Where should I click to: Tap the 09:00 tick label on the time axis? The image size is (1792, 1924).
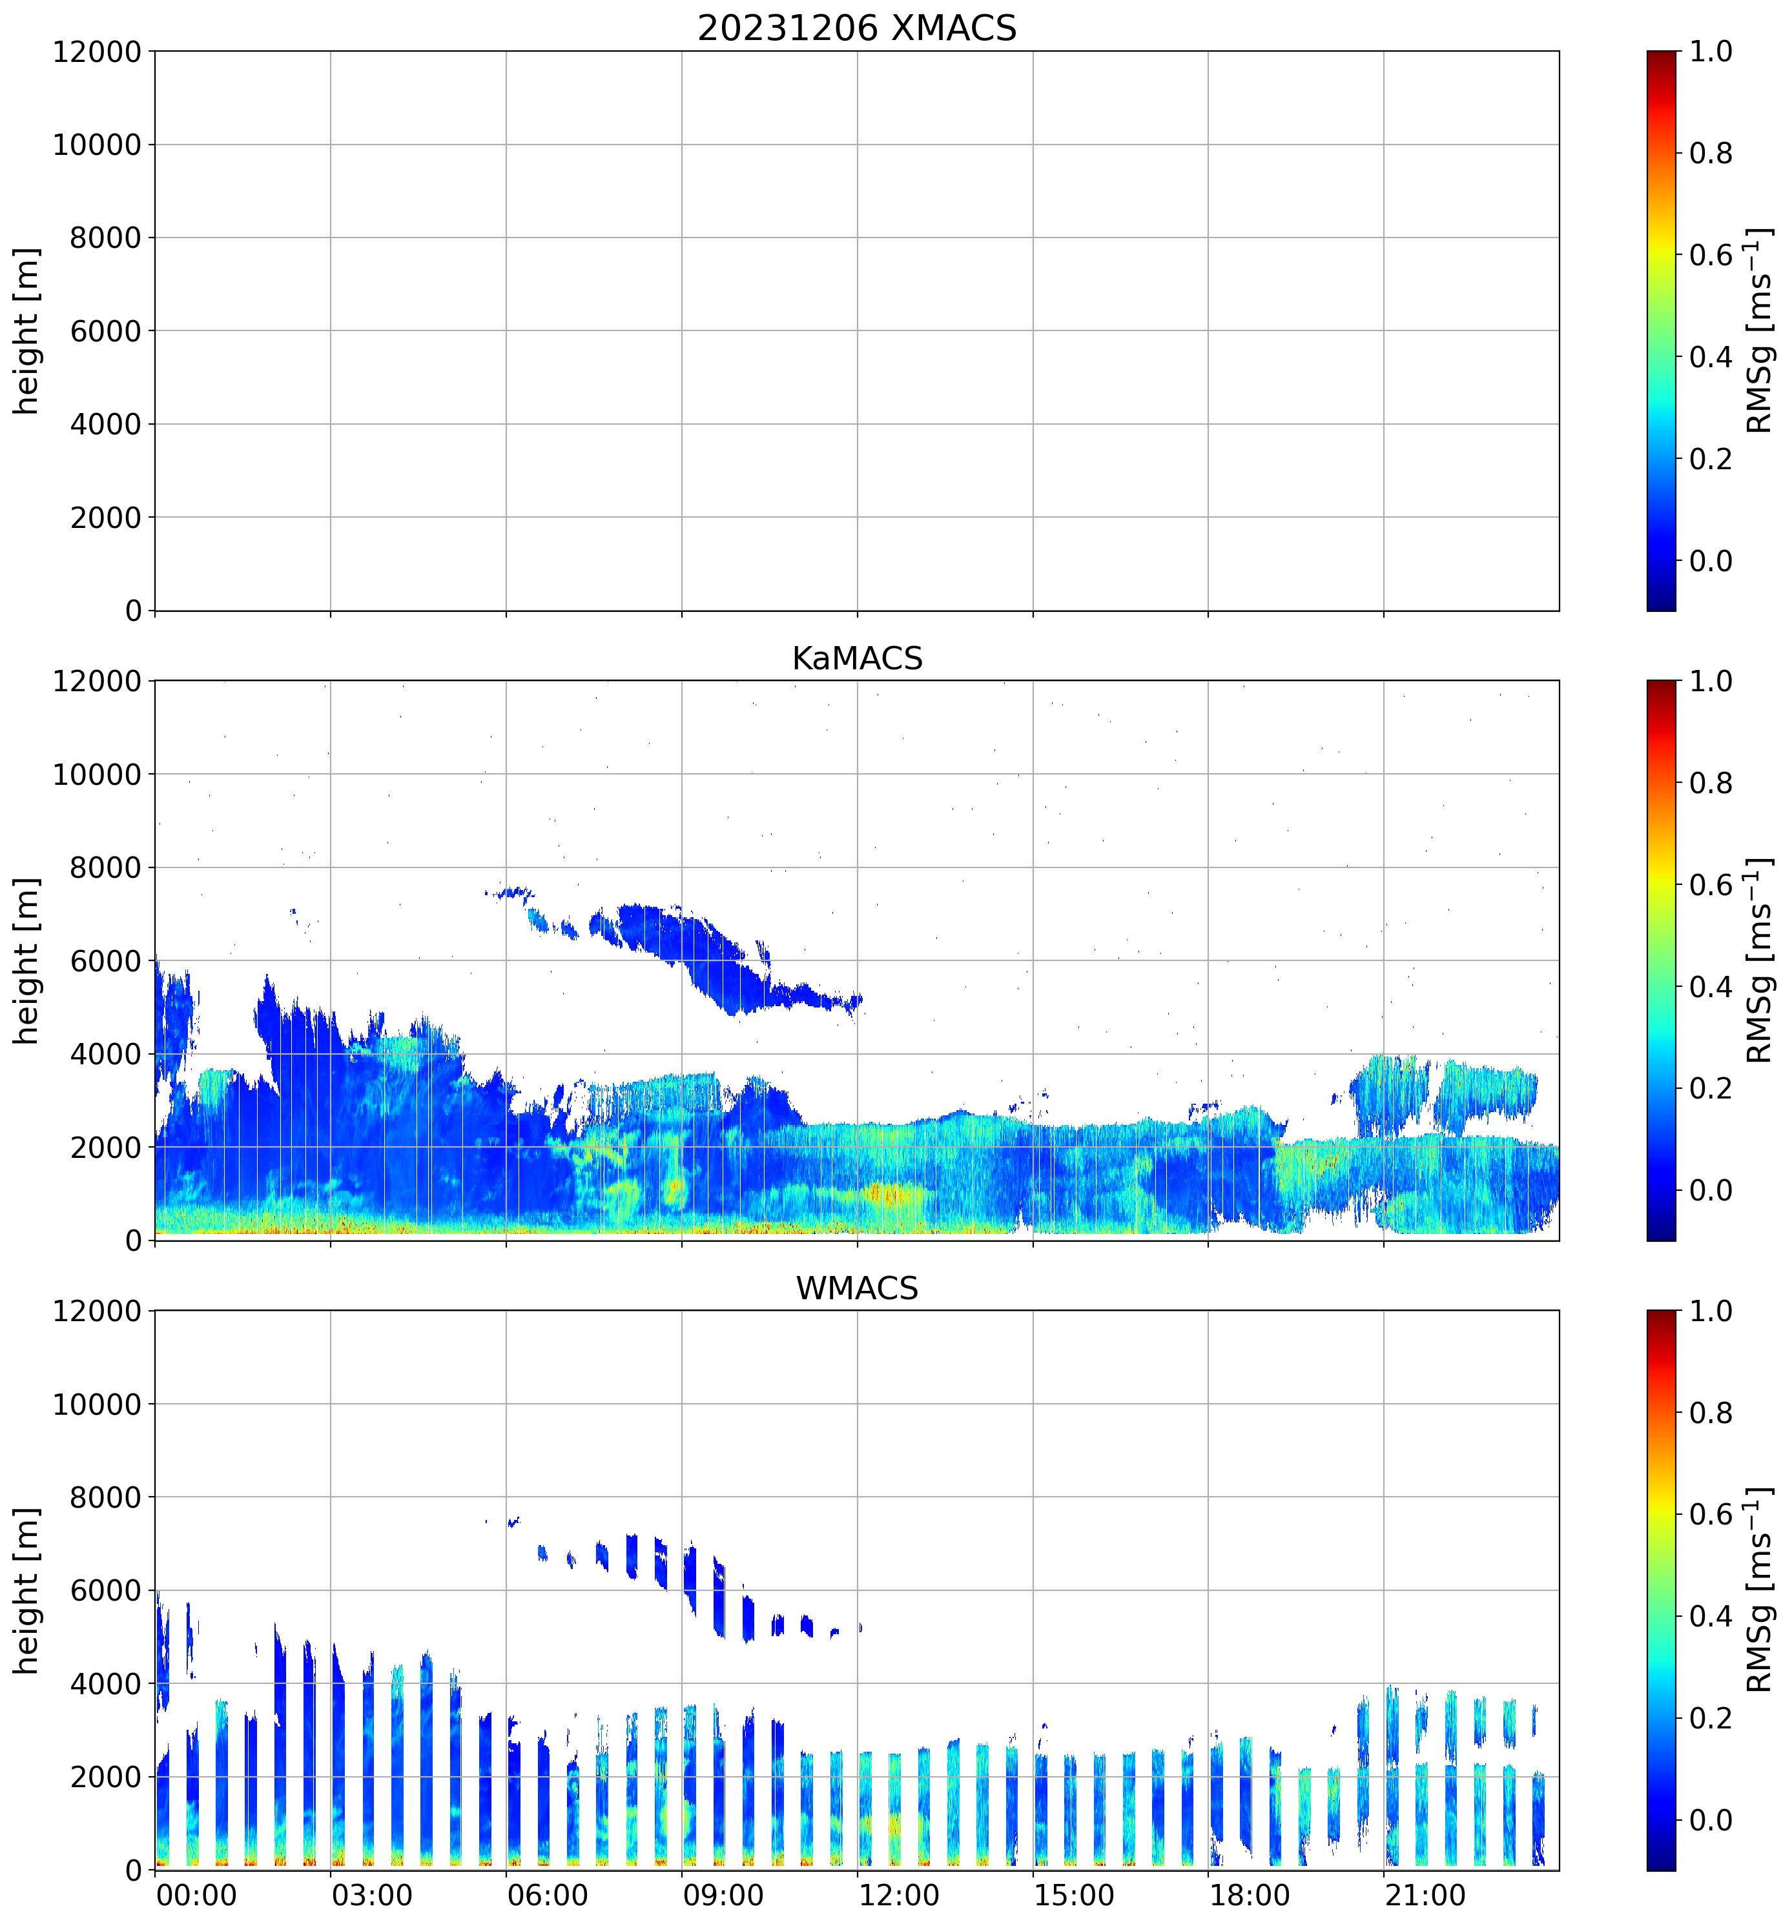click(x=722, y=1894)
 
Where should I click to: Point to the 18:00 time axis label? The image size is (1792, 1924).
click(x=1249, y=1894)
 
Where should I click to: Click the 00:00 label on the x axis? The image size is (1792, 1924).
click(x=196, y=1894)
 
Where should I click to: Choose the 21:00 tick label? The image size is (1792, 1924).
click(x=1424, y=1894)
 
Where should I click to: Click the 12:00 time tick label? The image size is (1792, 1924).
click(x=898, y=1894)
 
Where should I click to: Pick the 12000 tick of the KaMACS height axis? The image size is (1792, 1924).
click(x=97, y=682)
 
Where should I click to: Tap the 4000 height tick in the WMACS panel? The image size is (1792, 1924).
click(x=105, y=1684)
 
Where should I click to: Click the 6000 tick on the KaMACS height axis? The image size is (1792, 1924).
click(x=105, y=961)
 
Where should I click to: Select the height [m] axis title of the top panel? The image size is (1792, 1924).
click(x=27, y=331)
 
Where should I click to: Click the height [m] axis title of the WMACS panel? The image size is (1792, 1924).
click(x=27, y=1590)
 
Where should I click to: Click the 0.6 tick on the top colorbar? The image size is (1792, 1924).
click(x=1710, y=256)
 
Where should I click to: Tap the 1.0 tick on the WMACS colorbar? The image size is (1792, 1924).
click(x=1710, y=1311)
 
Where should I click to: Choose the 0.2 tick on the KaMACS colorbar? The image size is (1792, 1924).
click(x=1710, y=1089)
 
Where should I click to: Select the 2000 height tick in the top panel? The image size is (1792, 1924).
click(x=105, y=518)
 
